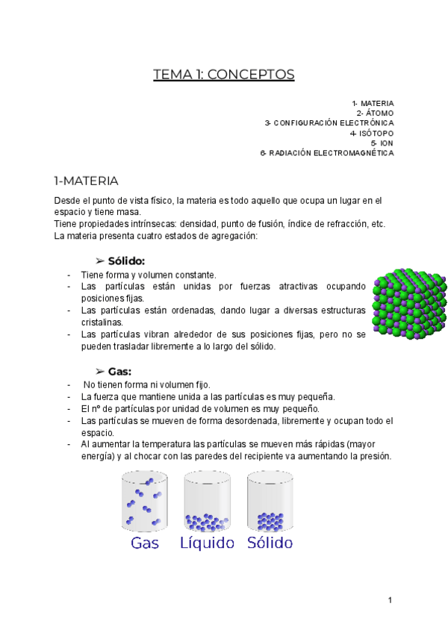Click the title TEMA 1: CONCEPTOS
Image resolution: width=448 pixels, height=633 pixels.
224,75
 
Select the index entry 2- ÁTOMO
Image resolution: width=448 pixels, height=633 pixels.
375,113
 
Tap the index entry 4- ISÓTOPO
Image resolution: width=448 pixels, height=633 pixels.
372,133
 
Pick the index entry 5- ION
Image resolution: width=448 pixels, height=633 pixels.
382,143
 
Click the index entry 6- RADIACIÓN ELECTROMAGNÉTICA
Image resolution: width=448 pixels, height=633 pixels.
327,153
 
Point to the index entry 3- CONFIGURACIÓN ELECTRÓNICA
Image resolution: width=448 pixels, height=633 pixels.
329,122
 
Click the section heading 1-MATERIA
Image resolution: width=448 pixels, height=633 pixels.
86,181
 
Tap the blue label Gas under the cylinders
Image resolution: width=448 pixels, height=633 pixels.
145,543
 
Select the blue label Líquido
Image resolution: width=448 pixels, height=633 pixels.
208,543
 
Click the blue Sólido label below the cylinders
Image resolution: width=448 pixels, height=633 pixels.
270,543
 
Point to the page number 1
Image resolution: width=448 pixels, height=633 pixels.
391,600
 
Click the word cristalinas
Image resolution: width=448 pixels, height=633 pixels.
102,322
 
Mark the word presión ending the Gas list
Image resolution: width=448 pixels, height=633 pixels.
374,457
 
